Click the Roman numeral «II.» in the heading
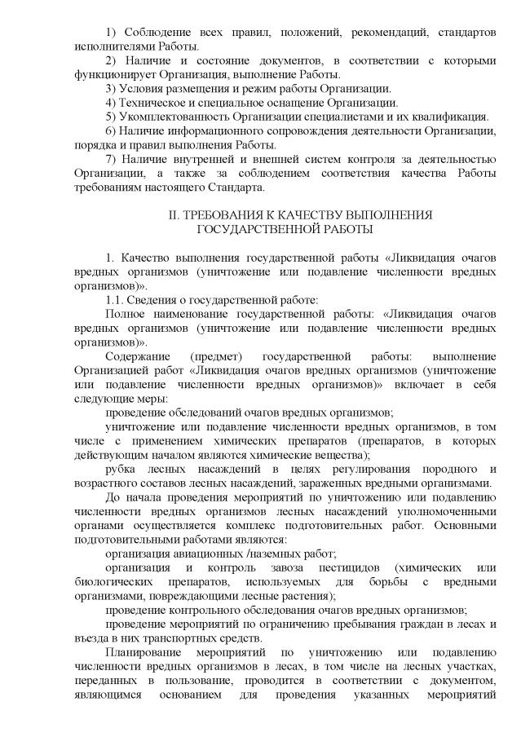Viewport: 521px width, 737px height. point(172,215)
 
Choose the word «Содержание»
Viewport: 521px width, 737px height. point(138,357)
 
